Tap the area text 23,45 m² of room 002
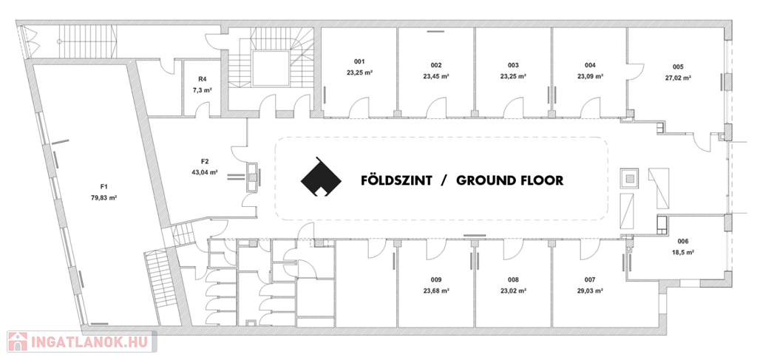pos(436,75)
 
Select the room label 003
pos(513,65)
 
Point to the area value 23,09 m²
pos(590,75)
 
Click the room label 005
pos(679,67)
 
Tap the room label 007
pos(589,279)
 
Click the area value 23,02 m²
pos(513,291)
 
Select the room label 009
pos(436,279)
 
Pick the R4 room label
pos(203,79)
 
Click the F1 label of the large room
pos(103,186)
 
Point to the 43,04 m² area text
pos(205,171)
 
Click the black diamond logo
pos(321,177)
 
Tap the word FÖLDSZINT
pos(396,180)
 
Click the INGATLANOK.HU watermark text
pos(91,342)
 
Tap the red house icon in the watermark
pos(18,342)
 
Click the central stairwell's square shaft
pos(271,69)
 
